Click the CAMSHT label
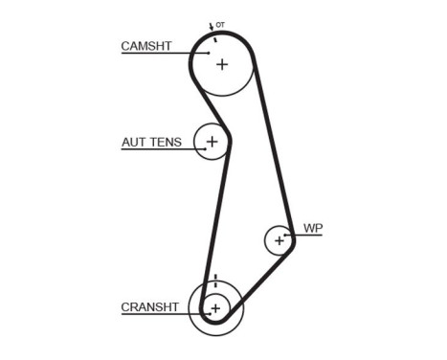click(x=146, y=45)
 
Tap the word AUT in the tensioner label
click(x=133, y=143)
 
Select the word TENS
click(x=165, y=143)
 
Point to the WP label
click(x=313, y=228)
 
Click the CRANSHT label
click(x=149, y=307)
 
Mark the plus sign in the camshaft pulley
click(x=222, y=64)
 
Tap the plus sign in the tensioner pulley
click(x=212, y=143)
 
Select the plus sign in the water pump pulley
click(x=279, y=239)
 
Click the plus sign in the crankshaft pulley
click(x=215, y=308)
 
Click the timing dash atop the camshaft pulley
click(x=216, y=38)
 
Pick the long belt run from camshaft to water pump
click(x=274, y=144)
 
